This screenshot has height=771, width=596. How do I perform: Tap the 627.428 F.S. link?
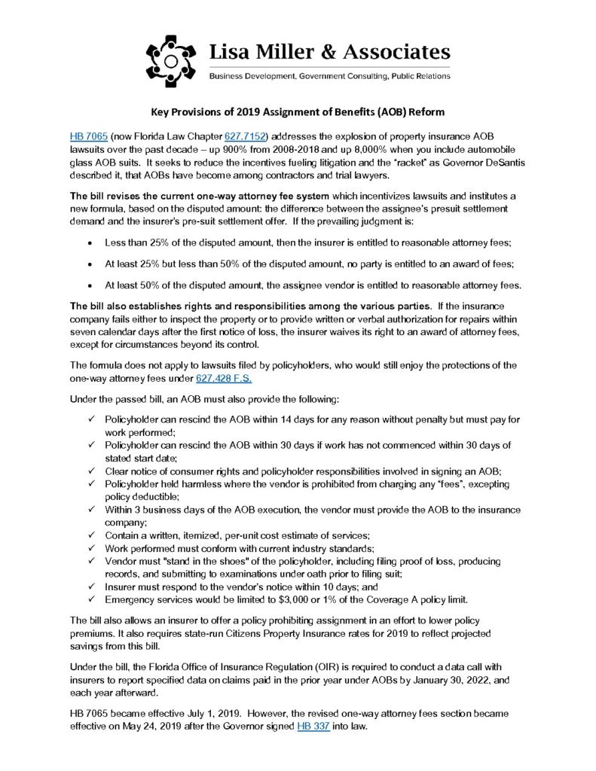(218, 379)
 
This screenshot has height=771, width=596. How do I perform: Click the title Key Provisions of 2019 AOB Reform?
(298, 112)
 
